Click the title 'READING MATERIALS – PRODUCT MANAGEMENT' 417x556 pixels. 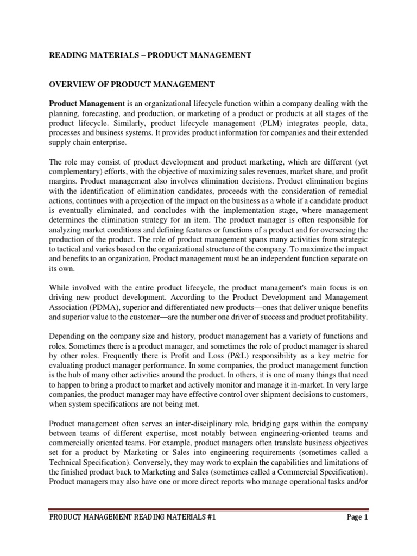[x=150, y=55]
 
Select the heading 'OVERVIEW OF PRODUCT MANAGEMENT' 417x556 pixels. [x=132, y=84]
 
